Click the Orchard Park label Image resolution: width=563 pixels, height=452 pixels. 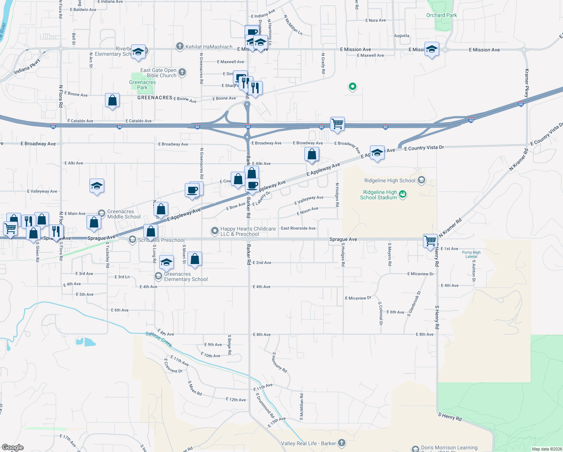[x=441, y=15]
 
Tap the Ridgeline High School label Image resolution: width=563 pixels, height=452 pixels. [x=390, y=181]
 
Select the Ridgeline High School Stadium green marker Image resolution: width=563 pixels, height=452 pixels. [x=403, y=194]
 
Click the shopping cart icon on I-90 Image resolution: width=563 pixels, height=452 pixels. [x=337, y=124]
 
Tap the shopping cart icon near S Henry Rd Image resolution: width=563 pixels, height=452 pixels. [x=430, y=240]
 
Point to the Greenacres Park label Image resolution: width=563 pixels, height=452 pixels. [x=142, y=85]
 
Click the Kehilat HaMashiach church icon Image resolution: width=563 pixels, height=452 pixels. [x=180, y=46]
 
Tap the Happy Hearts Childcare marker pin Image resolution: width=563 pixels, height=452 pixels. [x=215, y=231]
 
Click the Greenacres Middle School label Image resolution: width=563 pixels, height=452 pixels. [x=124, y=214]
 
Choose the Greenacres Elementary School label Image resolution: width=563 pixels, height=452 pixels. [x=186, y=276]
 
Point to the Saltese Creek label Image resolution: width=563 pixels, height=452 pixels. [x=159, y=339]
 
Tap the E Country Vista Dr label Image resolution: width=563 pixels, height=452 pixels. [x=424, y=148]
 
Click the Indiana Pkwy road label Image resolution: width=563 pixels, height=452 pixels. [x=27, y=66]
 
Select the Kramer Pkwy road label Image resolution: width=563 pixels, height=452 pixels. [x=526, y=83]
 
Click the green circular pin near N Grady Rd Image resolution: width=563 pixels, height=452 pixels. [x=352, y=87]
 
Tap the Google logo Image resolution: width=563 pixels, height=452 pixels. [x=12, y=447]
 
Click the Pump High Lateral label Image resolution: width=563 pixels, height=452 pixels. [x=471, y=254]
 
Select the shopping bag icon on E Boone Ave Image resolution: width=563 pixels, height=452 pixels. [x=112, y=101]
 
